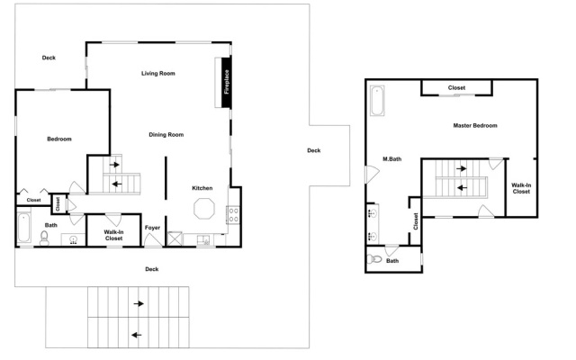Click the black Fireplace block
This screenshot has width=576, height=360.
(226, 82)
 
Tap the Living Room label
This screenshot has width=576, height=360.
(158, 74)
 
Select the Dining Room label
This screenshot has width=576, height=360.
(166, 135)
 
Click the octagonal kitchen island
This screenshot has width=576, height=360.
(204, 209)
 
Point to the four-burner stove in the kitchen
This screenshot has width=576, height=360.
(234, 215)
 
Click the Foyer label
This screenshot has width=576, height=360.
(152, 228)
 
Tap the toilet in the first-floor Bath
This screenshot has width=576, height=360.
(44, 238)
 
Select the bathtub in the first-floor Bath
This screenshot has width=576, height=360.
(24, 228)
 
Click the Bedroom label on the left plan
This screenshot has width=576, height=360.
(59, 139)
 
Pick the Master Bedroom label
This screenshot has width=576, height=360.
(475, 126)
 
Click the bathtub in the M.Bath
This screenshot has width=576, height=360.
(377, 101)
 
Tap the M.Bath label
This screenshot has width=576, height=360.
(392, 159)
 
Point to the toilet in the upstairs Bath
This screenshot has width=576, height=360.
(374, 259)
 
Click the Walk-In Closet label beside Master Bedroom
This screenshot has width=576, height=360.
(521, 188)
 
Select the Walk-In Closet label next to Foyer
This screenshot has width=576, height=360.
(113, 235)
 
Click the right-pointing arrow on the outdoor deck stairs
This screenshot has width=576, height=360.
(139, 304)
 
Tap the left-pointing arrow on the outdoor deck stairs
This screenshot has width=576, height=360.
(137, 335)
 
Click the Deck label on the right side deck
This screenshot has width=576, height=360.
(314, 150)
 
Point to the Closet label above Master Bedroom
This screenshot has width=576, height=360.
(456, 88)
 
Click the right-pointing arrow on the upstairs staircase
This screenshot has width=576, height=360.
(462, 168)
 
